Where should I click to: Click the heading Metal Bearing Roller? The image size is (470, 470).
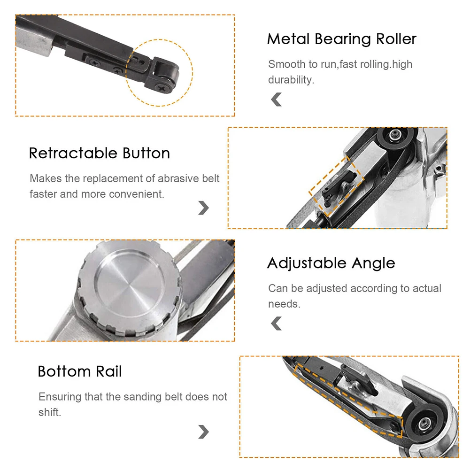coord(341,39)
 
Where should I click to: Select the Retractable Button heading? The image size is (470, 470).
coord(100,154)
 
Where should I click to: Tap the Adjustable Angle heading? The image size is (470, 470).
coord(331,263)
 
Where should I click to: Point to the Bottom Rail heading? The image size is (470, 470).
coord(80,372)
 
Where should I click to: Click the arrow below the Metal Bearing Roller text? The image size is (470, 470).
coord(277,100)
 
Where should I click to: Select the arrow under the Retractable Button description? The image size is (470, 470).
coord(203,208)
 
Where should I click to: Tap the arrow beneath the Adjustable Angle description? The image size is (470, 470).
coord(277,323)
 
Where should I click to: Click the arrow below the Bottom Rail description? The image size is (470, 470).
coord(203,431)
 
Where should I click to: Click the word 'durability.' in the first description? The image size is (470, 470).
coord(291,80)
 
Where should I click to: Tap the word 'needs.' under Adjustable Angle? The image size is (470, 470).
coord(284,304)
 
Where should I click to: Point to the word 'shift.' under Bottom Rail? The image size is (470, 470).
coord(50,412)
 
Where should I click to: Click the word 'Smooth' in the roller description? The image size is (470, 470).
coord(286,64)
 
